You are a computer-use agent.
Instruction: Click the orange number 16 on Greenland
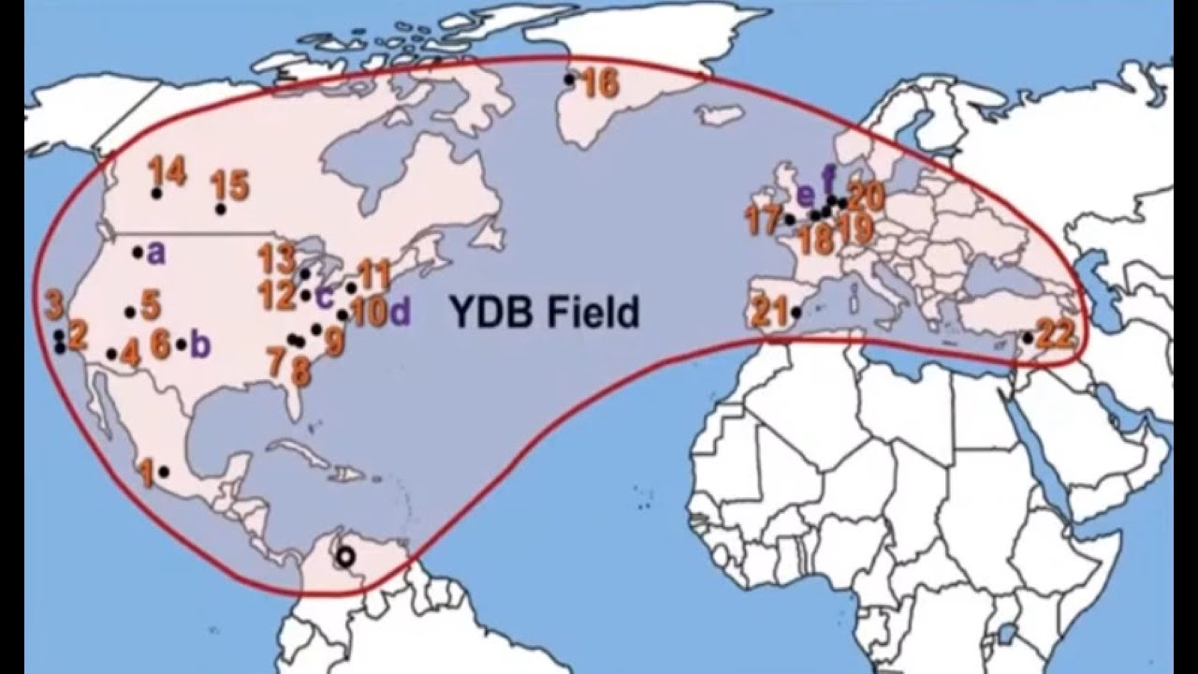[601, 84]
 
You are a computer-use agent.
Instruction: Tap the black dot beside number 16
[568, 81]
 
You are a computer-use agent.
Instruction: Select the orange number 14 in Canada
[167, 171]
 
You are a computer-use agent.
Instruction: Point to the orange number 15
[230, 185]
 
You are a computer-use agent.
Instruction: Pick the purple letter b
[199, 344]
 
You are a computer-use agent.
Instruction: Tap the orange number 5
[151, 305]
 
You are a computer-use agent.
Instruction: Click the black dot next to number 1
[164, 472]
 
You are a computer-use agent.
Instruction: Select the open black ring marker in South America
[345, 557]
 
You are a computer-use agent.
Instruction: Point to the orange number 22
[1056, 334]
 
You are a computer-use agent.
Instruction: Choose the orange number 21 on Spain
[770, 312]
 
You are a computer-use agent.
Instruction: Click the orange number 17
[764, 220]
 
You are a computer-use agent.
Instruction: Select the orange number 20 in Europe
[866, 196]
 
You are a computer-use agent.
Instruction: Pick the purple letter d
[401, 313]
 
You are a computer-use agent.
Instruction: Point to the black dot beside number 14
[156, 193]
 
